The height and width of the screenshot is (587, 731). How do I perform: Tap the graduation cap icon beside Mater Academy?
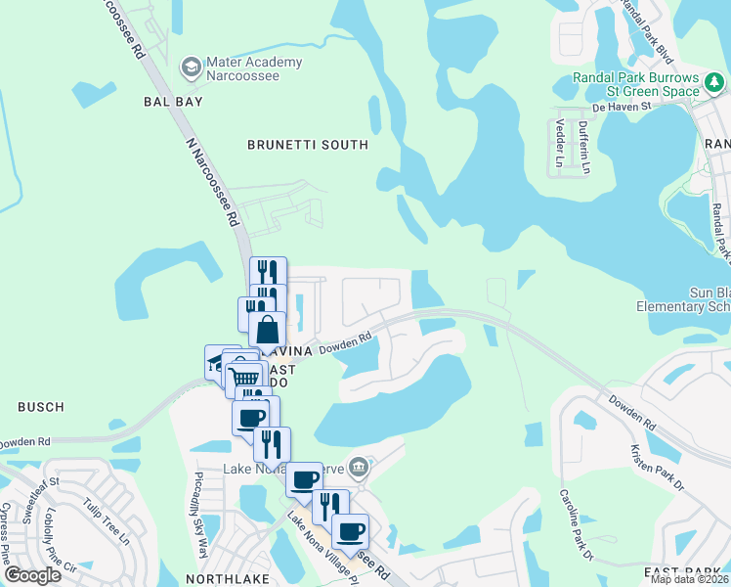[x=192, y=68]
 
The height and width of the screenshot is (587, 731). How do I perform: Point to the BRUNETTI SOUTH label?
[x=308, y=145]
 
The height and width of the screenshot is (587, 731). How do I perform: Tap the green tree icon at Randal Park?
[x=692, y=91]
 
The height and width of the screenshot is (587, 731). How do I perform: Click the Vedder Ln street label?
[x=560, y=141]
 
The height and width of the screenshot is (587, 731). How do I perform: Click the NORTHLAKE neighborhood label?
[x=221, y=579]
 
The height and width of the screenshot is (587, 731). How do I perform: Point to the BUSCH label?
[x=40, y=406]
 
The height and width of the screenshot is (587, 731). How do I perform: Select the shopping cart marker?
[x=245, y=376]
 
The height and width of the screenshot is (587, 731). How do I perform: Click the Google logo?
[x=32, y=575]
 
